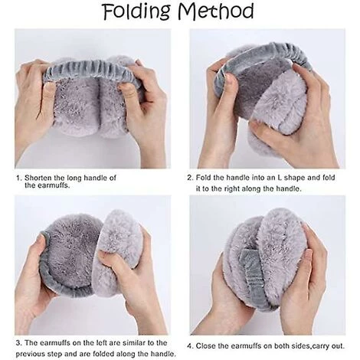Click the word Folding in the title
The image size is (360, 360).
pyautogui.click(x=136, y=11)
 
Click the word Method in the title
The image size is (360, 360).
pyautogui.click(x=216, y=11)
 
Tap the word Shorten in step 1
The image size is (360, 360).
pyautogui.click(x=38, y=178)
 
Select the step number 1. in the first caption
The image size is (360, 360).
pyautogui.click(x=18, y=178)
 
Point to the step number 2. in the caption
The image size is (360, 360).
pyautogui.click(x=190, y=178)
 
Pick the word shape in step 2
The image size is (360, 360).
pyautogui.click(x=294, y=178)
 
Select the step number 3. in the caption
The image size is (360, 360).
pyautogui.click(x=18, y=343)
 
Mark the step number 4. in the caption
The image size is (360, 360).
pyautogui.click(x=190, y=346)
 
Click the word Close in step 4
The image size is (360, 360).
pyautogui.click(x=205, y=346)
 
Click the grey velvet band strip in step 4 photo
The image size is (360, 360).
pyautogui.click(x=253, y=277)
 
